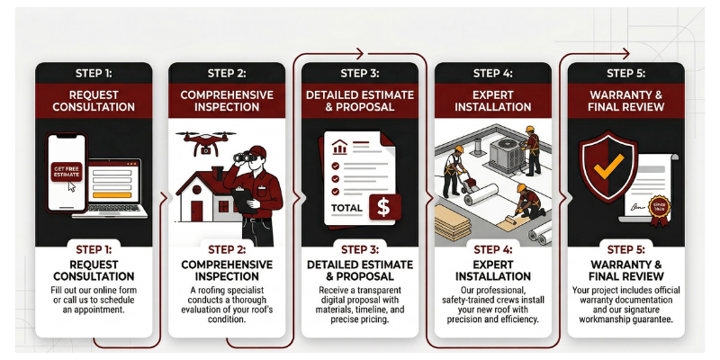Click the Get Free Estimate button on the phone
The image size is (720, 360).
[x=67, y=172]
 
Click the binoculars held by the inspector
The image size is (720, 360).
[x=243, y=157]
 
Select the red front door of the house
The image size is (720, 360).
[x=196, y=211]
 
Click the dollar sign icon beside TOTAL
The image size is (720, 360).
[x=383, y=207]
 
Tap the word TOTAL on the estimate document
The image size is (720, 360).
[x=346, y=209]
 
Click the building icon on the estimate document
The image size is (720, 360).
[x=339, y=147]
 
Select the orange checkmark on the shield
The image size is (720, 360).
[x=608, y=166]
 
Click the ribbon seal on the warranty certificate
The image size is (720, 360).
[x=659, y=211]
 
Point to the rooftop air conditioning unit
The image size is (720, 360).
[x=506, y=155]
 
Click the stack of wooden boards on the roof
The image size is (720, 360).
[x=453, y=222]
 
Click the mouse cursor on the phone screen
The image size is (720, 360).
[x=71, y=186]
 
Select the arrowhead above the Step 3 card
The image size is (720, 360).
[x=359, y=54]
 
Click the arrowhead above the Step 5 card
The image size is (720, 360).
[x=625, y=54]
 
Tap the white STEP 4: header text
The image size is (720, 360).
[x=492, y=74]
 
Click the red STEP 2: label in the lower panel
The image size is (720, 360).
[x=227, y=250]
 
